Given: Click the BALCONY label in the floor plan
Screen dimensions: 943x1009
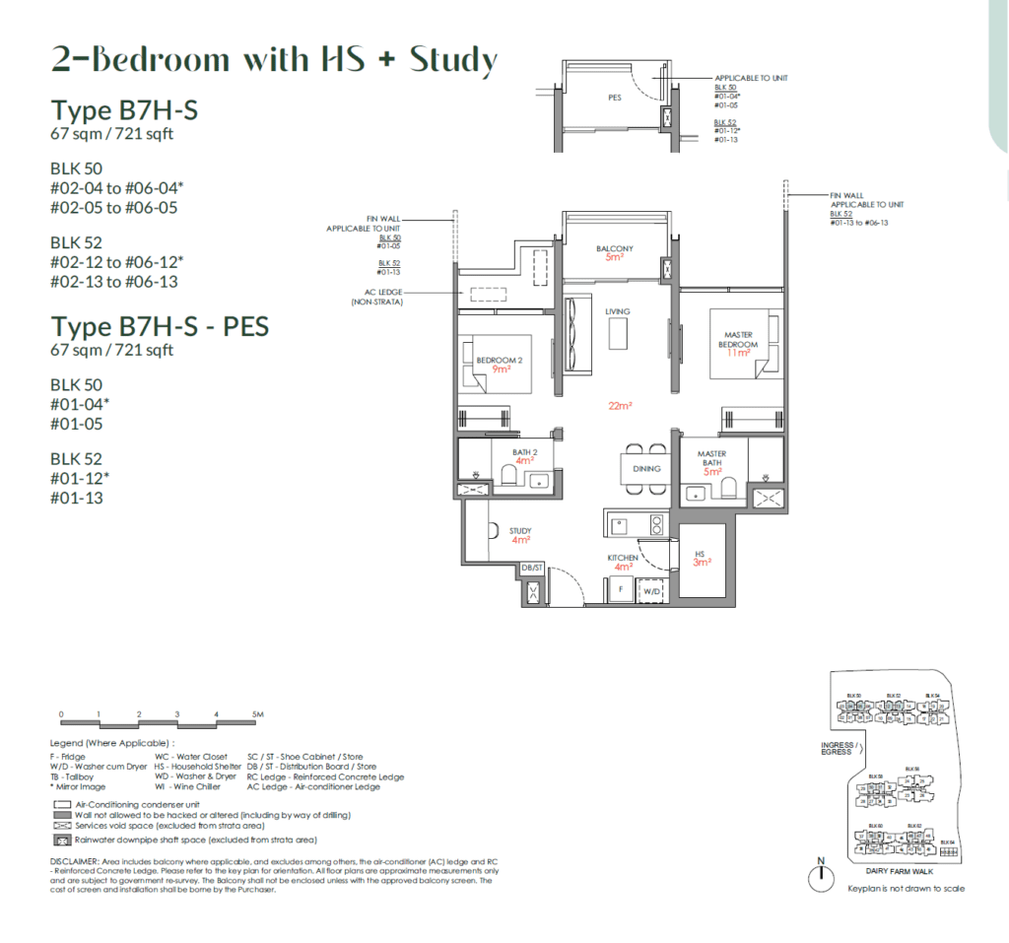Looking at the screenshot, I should click(x=614, y=248).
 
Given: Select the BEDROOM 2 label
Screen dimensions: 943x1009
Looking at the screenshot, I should click(x=499, y=361).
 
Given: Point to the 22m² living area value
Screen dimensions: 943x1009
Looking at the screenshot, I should click(x=619, y=406).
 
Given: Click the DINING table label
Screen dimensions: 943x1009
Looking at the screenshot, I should click(x=646, y=469).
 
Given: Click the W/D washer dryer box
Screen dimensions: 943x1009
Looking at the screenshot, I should click(x=651, y=592).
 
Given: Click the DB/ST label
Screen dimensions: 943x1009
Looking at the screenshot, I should click(x=532, y=569).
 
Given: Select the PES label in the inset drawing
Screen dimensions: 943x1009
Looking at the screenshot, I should click(x=615, y=98).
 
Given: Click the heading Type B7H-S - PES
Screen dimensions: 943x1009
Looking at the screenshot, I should click(x=160, y=326).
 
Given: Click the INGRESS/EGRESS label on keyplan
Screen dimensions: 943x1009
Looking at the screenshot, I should click(x=837, y=749).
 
